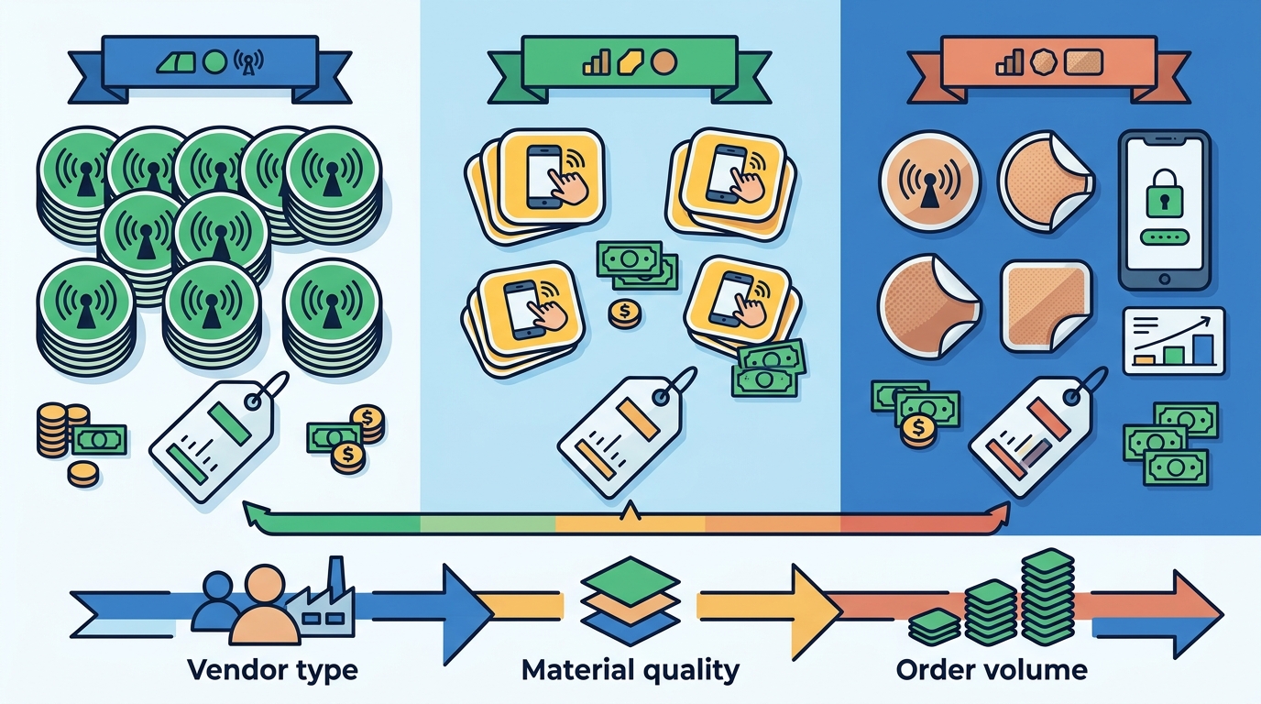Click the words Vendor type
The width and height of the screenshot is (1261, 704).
tap(272, 670)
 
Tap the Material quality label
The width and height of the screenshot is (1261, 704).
tap(630, 670)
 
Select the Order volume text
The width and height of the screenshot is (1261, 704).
tap(992, 670)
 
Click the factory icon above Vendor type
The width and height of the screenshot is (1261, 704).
tap(322, 602)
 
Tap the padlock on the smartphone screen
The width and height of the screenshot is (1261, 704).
tap(1164, 194)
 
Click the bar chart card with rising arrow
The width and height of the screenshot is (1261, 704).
tap(1174, 341)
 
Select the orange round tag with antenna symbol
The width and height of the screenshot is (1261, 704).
tap(929, 181)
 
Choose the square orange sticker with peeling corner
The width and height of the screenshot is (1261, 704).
tap(1045, 307)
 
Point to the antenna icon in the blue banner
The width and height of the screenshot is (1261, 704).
tap(248, 62)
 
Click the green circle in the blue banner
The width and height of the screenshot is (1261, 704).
tap(214, 62)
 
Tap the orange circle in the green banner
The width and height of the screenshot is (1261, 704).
tap(663, 62)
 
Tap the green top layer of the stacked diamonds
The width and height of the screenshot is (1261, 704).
tap(630, 581)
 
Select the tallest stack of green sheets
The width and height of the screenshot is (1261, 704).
tap(1047, 597)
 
